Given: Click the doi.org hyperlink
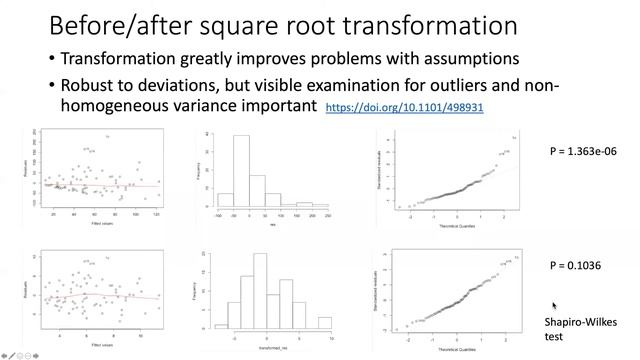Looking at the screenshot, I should coord(405,106).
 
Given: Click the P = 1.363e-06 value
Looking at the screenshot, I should coord(586,151).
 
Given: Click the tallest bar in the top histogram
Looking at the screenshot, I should coord(241,171).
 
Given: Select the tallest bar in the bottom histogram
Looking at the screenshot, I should coord(260,290).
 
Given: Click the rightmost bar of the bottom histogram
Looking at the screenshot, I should coord(324,323).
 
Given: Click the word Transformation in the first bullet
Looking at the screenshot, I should coord(117,60).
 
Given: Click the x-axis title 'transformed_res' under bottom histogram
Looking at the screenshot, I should coord(271,346).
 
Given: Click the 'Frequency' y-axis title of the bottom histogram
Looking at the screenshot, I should coord(204,291).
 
